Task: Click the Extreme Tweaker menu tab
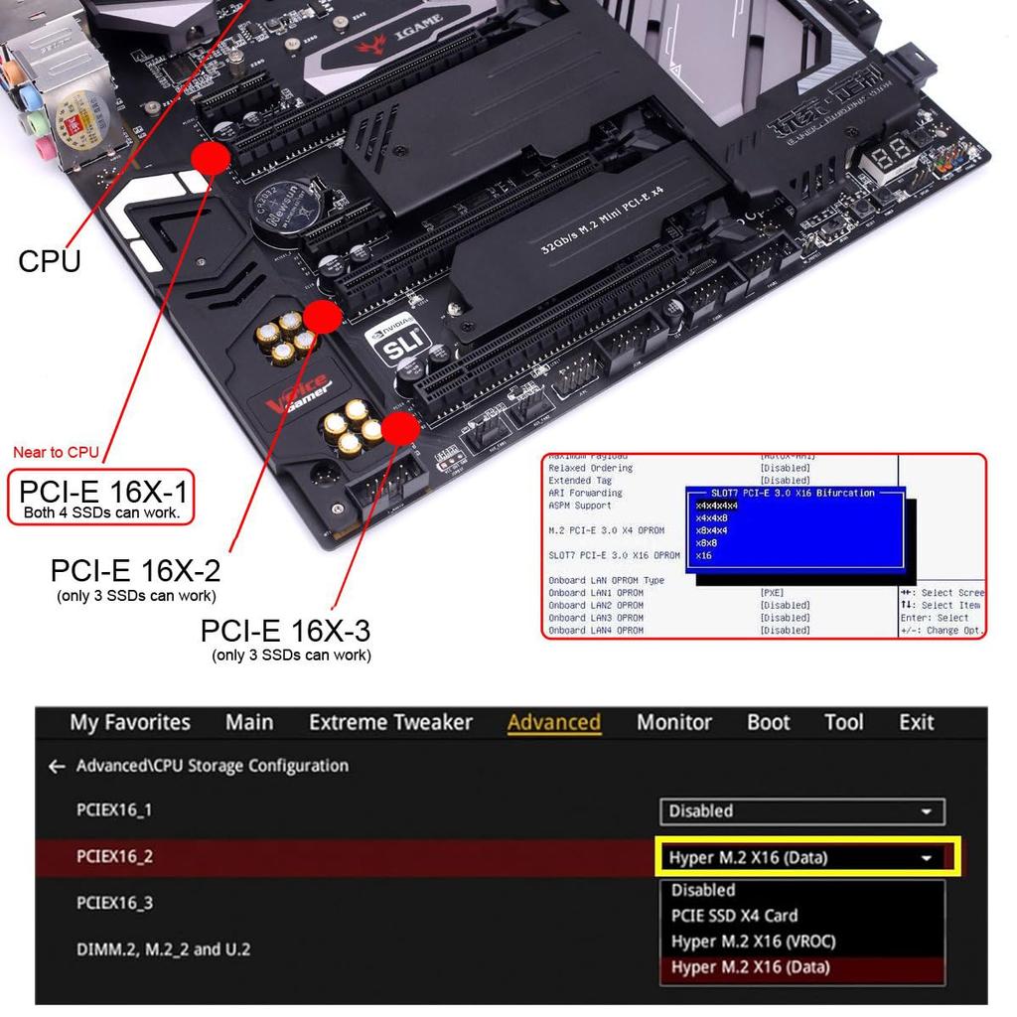[390, 722]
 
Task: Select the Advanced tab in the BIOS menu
[553, 722]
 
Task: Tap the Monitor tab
[673, 722]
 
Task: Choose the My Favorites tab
[130, 722]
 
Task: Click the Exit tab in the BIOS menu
[916, 722]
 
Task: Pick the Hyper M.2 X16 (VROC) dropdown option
[753, 942]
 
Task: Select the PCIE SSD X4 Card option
[734, 916]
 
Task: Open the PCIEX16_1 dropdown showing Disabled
[801, 811]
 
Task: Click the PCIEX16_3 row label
[115, 903]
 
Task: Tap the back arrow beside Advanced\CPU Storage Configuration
[57, 767]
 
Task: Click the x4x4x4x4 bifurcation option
[717, 506]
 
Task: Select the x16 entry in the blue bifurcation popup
[704, 556]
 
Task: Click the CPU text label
[50, 261]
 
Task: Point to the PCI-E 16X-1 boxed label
[100, 497]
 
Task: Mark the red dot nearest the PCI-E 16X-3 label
[400, 429]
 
